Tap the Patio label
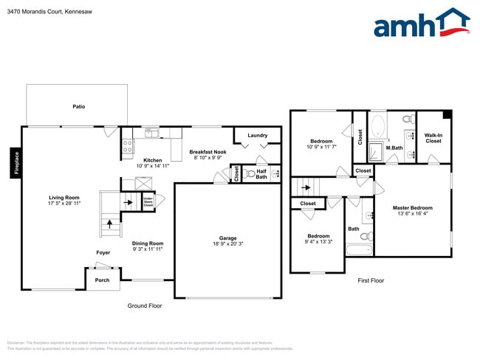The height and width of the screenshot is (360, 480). click(x=78, y=106)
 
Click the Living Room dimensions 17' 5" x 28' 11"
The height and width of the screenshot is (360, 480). click(x=64, y=202)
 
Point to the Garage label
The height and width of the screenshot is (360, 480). click(x=227, y=238)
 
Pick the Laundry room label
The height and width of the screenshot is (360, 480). click(x=258, y=135)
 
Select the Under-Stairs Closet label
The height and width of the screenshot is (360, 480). click(x=148, y=201)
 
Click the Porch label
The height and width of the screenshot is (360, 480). click(x=102, y=280)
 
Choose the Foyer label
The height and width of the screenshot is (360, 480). click(x=103, y=252)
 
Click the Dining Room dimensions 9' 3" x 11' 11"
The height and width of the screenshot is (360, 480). click(x=147, y=249)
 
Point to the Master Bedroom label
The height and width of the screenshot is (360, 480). click(x=412, y=208)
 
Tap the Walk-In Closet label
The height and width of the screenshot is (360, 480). click(x=433, y=138)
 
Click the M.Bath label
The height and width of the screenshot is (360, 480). click(x=394, y=148)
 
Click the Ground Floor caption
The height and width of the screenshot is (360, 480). click(x=144, y=305)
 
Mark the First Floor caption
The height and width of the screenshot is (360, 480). click(x=371, y=280)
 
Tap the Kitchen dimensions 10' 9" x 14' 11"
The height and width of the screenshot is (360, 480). click(x=153, y=166)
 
